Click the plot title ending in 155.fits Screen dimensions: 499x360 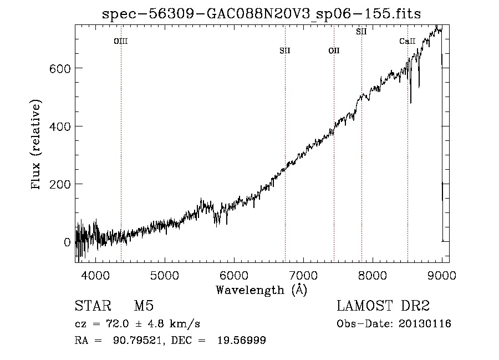[x=261, y=14]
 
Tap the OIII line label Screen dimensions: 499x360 [x=121, y=41]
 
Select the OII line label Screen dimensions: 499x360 [x=334, y=50]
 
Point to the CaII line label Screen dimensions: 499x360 [x=408, y=41]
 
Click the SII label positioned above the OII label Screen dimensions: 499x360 [x=361, y=32]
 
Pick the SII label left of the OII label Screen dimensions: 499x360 [x=285, y=50]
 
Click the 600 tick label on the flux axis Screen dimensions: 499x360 [x=60, y=69]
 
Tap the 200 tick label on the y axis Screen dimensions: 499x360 [x=60, y=184]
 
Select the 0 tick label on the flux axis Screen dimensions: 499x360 [x=67, y=242]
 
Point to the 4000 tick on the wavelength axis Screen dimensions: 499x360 [x=95, y=275]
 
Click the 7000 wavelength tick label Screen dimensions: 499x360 [x=303, y=275]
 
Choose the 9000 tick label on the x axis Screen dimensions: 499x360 [x=442, y=275]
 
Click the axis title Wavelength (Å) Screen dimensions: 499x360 [x=262, y=290]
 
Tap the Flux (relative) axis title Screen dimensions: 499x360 [x=35, y=145]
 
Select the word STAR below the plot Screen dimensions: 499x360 [x=93, y=306]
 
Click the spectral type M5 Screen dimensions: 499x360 [x=144, y=306]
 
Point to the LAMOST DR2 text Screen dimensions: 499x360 [x=383, y=306]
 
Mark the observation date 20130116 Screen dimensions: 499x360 [x=425, y=324]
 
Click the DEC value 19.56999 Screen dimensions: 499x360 [x=242, y=340]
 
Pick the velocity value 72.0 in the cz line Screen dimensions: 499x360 [x=117, y=324]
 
